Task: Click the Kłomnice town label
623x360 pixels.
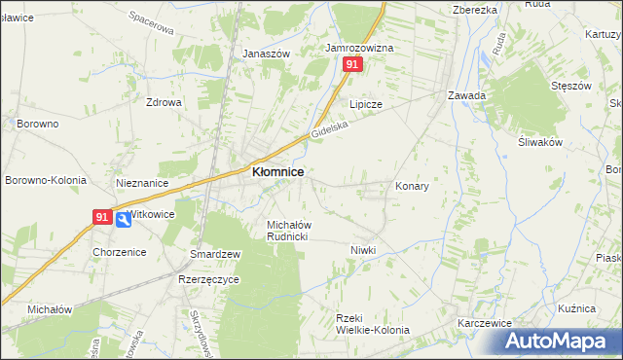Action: click(x=277, y=171)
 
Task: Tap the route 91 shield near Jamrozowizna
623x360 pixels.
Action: click(x=352, y=64)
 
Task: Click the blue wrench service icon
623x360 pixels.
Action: click(x=123, y=220)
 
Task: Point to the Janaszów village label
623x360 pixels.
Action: click(x=267, y=54)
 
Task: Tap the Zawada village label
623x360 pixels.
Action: click(x=466, y=95)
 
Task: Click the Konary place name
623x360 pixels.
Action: click(x=412, y=185)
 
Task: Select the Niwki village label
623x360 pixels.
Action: click(x=363, y=250)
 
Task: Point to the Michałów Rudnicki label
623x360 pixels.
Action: click(x=288, y=231)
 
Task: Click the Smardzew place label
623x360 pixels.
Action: click(x=216, y=254)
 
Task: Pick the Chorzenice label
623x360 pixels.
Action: click(x=119, y=251)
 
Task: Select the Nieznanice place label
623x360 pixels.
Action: click(x=142, y=182)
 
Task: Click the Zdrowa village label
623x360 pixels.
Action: click(x=164, y=102)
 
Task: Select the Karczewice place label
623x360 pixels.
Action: click(x=485, y=321)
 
